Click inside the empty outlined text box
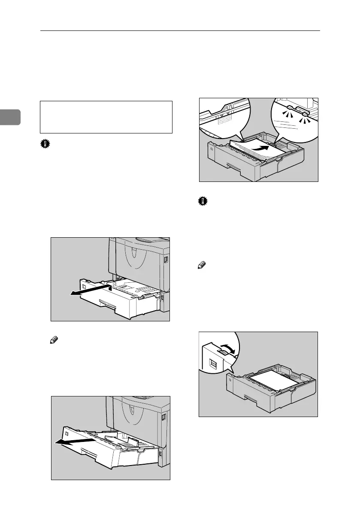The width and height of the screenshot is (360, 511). pos(106,117)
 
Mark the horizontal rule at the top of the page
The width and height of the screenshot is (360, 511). pos(180,31)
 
